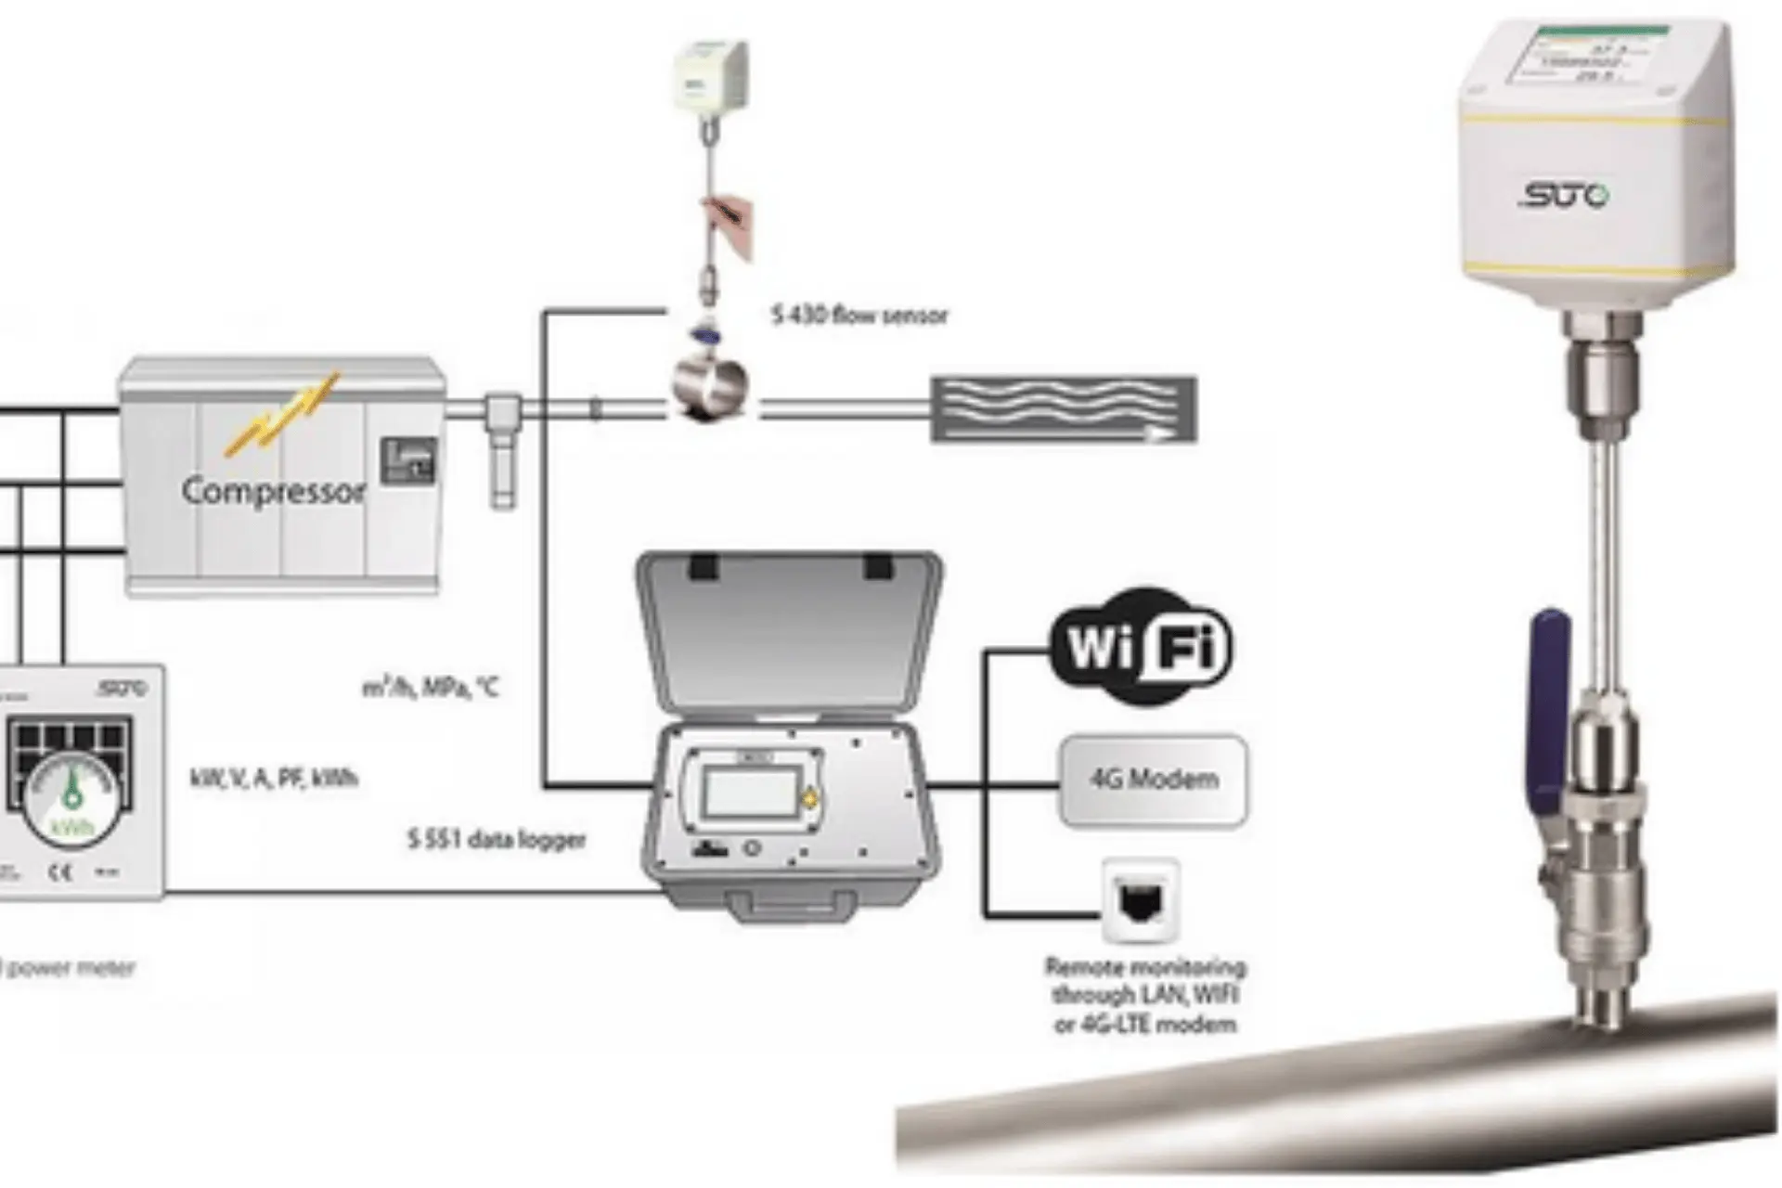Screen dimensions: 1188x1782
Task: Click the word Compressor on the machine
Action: tap(273, 491)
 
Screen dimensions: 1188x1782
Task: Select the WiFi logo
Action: tap(1141, 646)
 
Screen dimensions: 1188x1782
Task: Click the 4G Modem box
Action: tap(1154, 780)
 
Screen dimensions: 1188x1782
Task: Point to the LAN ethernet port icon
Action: tap(1141, 899)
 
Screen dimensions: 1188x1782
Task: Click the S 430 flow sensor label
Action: tap(859, 316)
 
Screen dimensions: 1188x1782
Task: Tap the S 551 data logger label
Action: tap(497, 840)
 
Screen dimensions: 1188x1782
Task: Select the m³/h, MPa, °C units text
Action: tap(430, 688)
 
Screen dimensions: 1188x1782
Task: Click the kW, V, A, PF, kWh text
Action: tap(274, 778)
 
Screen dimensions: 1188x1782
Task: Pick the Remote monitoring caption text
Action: tap(1145, 995)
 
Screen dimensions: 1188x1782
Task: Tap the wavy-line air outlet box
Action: tap(1064, 408)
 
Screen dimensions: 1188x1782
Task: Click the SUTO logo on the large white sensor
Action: tap(1565, 196)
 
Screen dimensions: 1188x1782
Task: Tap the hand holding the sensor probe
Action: tap(730, 224)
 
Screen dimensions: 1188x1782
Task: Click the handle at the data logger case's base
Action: tap(791, 904)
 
